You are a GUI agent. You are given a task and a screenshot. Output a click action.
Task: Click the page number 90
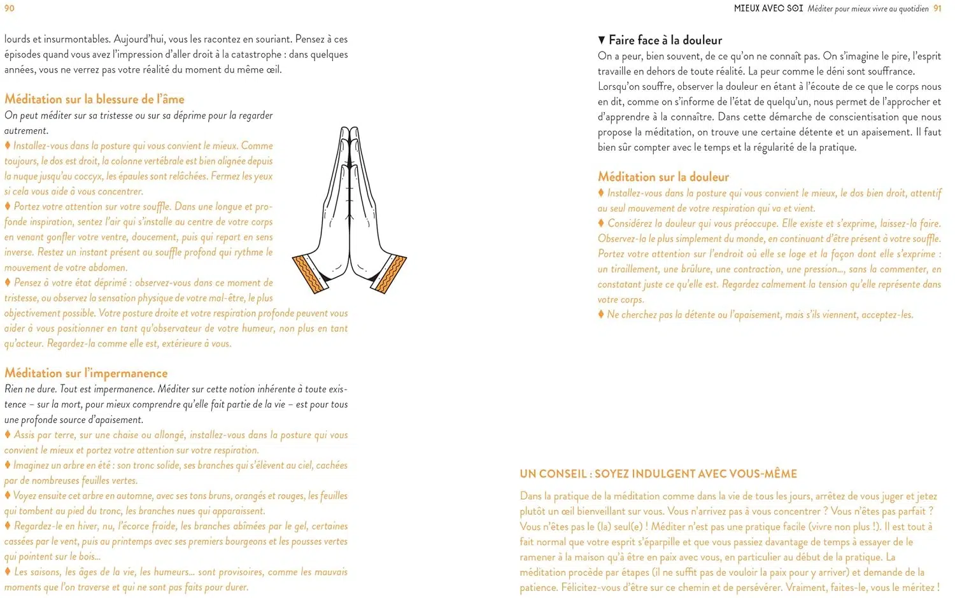9,8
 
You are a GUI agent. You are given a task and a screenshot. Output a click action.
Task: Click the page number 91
937,8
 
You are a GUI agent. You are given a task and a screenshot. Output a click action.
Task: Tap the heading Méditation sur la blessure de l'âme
94,99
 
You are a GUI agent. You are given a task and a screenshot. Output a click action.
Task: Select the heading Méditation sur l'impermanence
86,373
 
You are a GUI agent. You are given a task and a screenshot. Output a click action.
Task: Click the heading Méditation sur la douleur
663,177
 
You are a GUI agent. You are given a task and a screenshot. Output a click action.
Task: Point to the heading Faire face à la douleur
665,40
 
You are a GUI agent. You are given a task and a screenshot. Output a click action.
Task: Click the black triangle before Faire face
602,40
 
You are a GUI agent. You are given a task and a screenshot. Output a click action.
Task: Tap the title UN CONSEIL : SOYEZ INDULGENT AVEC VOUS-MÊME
658,474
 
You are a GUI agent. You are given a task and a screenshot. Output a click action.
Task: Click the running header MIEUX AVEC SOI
768,8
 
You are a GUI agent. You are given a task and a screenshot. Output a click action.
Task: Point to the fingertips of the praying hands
349,131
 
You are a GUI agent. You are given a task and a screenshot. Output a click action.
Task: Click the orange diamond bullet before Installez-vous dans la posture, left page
8,146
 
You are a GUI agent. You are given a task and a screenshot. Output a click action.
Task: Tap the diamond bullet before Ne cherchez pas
601,314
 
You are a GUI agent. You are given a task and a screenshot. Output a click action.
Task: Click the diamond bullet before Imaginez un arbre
8,465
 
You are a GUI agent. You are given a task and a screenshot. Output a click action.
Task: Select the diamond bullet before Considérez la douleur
601,223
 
